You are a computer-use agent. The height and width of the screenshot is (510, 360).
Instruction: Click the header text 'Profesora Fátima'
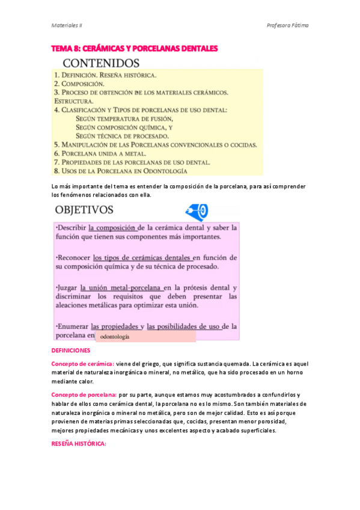click(x=287, y=25)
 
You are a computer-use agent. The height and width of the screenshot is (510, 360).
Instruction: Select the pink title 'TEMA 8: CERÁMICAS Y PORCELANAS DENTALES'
click(x=134, y=48)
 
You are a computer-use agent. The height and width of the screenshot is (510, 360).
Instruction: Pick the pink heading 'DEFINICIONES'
click(x=70, y=350)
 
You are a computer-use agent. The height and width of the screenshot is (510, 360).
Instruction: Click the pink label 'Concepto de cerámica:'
click(x=82, y=364)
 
